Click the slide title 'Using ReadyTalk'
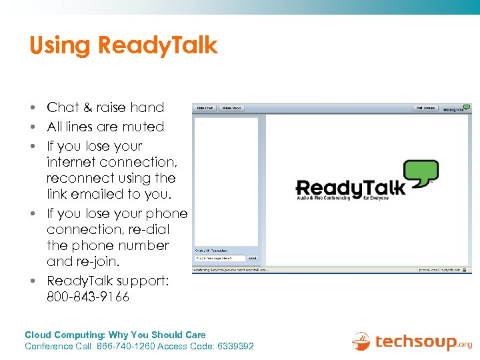[x=123, y=45]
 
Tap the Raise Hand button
[x=232, y=107]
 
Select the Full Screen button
[x=425, y=107]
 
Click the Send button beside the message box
[x=252, y=258]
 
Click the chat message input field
[x=219, y=258]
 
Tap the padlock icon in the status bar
[x=467, y=270]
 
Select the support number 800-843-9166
[x=88, y=297]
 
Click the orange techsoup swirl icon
[x=361, y=341]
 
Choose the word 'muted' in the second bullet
[x=143, y=127]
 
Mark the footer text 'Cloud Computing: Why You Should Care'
[x=115, y=335]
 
